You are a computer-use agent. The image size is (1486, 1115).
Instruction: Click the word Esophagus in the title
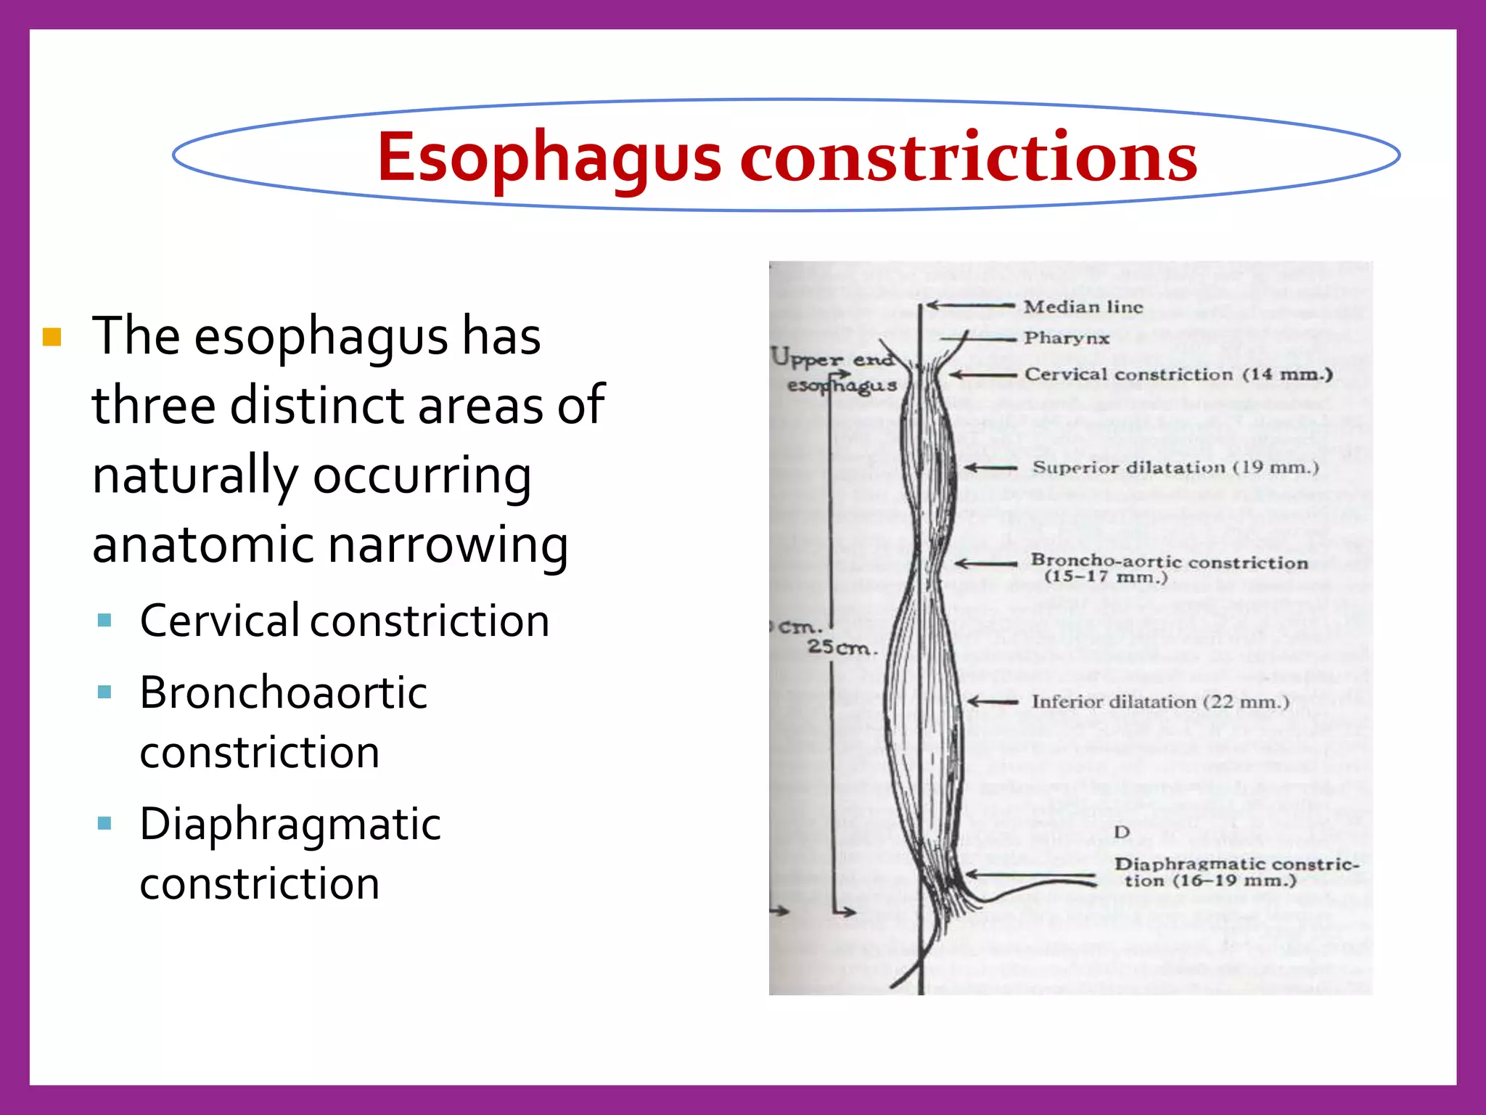[549, 158]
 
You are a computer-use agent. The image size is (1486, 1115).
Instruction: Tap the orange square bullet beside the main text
[52, 338]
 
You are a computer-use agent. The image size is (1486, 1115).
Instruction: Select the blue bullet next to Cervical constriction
[104, 621]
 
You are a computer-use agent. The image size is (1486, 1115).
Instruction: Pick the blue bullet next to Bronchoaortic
[104, 692]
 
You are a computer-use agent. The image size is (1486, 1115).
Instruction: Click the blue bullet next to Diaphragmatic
[104, 823]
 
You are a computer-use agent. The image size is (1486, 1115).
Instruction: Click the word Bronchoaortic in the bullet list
[283, 692]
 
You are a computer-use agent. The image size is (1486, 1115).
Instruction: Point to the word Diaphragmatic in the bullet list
[290, 825]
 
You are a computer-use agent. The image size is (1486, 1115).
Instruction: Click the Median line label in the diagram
[1083, 307]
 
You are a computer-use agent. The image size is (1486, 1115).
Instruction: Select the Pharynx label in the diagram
[1066, 338]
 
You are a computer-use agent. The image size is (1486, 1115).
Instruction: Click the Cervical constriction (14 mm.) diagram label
[1178, 375]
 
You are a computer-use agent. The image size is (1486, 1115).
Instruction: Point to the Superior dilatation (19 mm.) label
[1175, 467]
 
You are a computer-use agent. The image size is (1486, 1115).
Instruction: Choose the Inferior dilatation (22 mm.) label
[1160, 702]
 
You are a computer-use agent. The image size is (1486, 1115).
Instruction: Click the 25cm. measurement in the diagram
[842, 647]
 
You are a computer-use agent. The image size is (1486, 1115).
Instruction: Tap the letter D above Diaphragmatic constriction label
[1122, 832]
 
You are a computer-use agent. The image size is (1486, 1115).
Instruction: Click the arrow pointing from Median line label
[970, 306]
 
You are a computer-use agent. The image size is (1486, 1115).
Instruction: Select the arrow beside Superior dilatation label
[990, 468]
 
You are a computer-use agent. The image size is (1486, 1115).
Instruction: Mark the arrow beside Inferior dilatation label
[993, 702]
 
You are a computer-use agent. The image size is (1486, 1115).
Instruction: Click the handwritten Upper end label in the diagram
[832, 358]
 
